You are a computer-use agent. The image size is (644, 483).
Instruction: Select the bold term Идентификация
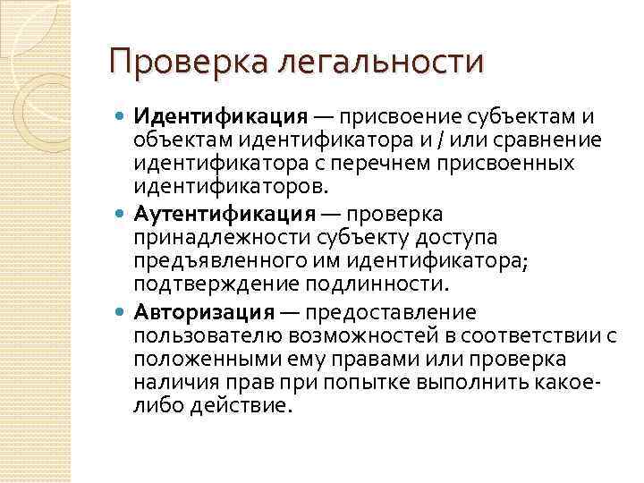point(220,118)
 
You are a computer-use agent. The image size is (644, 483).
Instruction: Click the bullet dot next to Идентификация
point(122,118)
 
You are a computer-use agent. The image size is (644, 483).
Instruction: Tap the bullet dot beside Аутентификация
point(122,215)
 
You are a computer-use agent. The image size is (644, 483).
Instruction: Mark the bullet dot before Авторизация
point(122,311)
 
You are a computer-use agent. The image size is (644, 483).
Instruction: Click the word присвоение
point(389,118)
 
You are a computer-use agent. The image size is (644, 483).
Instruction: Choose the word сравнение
point(549,141)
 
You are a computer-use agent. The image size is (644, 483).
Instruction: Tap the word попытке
point(425,383)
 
